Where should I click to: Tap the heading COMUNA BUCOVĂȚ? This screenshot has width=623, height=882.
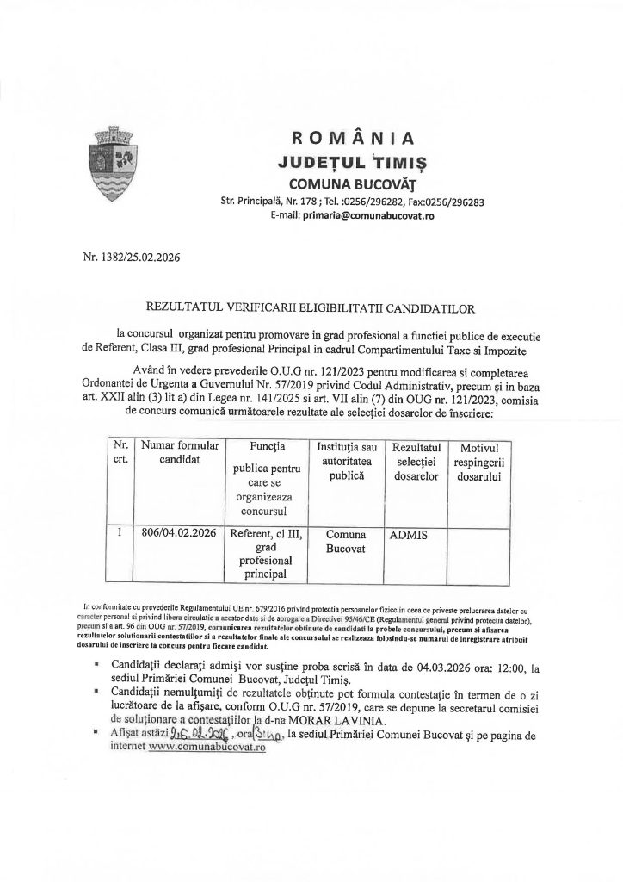point(353,183)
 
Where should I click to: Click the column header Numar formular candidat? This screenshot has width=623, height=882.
point(180,452)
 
